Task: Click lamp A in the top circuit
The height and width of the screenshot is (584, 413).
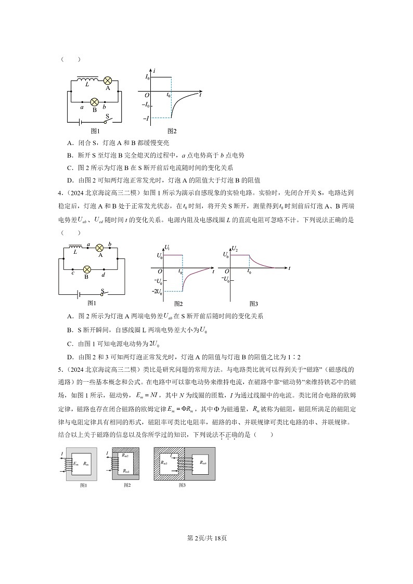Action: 108,80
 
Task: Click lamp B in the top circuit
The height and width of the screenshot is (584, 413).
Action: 95,102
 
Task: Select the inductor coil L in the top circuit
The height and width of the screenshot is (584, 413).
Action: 86,79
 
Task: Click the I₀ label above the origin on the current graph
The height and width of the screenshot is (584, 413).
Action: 147,77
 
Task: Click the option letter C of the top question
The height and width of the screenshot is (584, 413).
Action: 70,168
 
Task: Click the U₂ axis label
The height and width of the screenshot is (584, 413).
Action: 235,248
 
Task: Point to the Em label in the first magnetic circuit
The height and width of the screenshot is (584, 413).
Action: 76,462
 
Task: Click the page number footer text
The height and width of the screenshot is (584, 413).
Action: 206,538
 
